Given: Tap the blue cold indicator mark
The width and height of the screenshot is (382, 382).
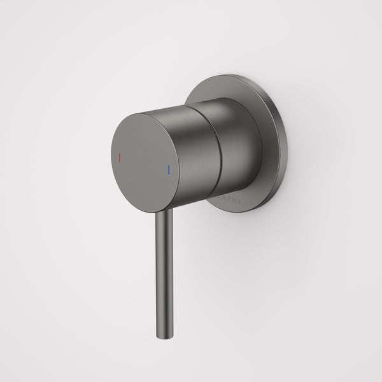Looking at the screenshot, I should click(168, 170).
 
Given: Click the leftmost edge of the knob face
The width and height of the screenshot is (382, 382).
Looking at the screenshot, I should click(111, 153).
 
